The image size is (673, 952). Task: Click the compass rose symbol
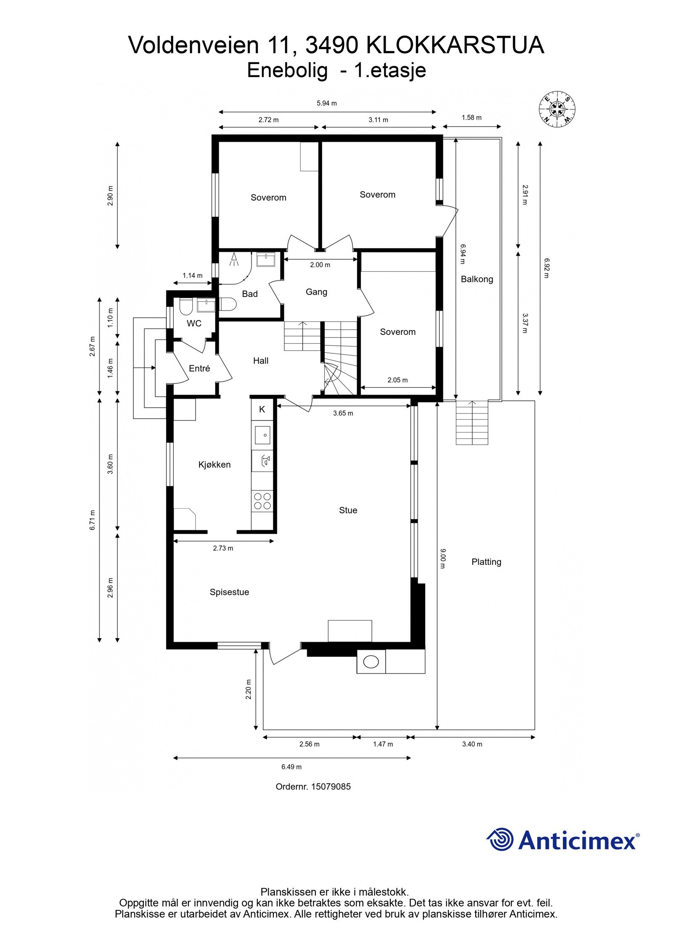[557, 109]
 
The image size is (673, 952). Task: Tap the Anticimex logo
[563, 840]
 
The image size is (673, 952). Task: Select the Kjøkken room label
[215, 465]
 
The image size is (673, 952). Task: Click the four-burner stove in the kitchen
[262, 501]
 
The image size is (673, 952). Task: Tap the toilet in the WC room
[185, 308]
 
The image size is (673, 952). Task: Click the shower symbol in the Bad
[233, 259]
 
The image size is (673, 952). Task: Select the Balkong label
[477, 279]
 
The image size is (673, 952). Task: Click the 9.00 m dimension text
[442, 558]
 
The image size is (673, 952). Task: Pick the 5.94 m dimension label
[326, 103]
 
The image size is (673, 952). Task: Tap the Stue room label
[348, 510]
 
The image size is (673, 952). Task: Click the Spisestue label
[229, 592]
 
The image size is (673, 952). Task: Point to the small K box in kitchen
[262, 409]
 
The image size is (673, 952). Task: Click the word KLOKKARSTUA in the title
[455, 45]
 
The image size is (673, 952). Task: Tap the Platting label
[486, 562]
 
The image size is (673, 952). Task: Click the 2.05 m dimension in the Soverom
[397, 380]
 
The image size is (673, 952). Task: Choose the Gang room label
[316, 292]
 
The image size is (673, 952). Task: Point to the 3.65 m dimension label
[343, 414]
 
